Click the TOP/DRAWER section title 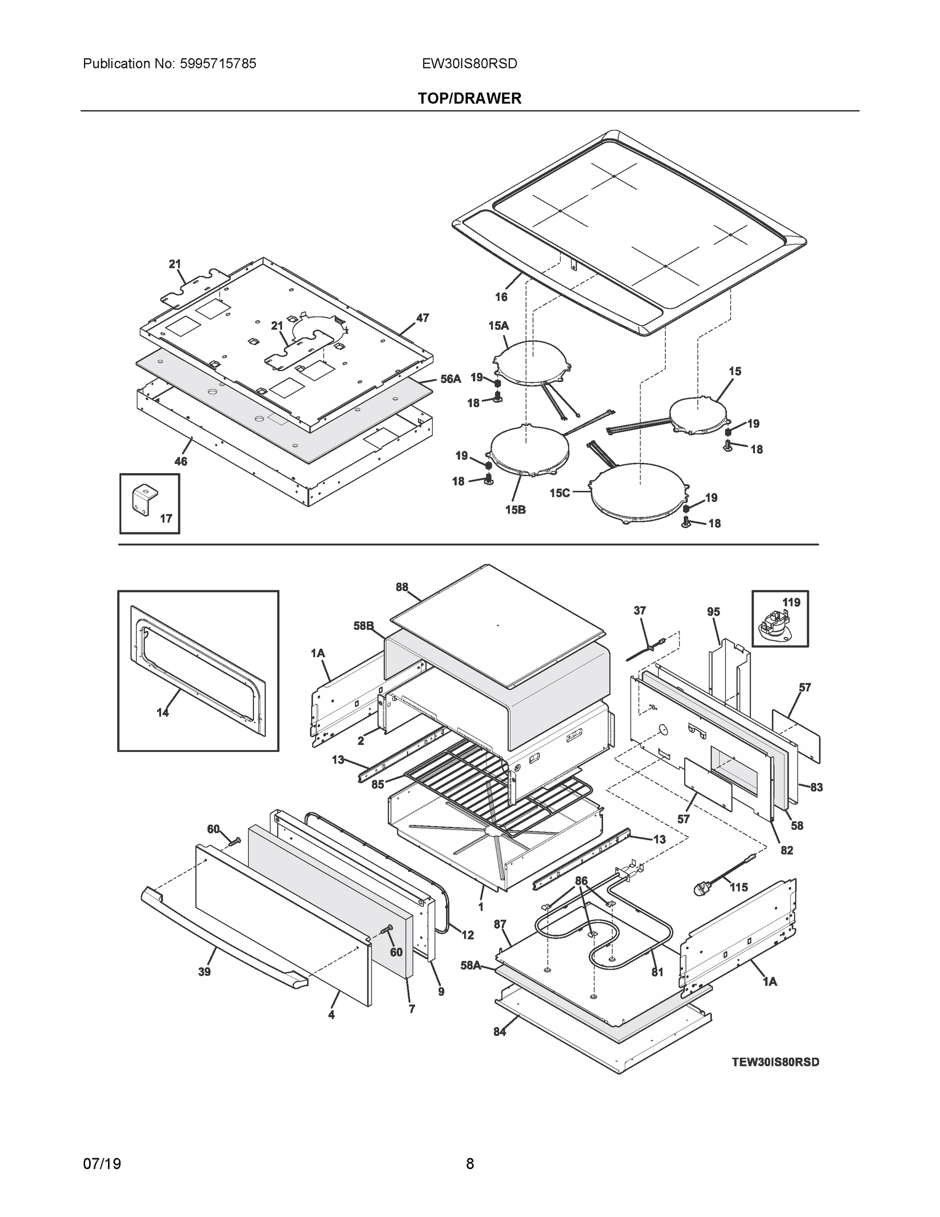(469, 99)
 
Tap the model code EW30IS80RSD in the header (469, 64)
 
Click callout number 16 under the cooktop (501, 297)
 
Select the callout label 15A (499, 326)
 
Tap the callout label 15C (559, 492)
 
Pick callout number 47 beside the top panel (423, 318)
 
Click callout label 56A (450, 379)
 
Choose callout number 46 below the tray (181, 461)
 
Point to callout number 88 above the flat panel (402, 587)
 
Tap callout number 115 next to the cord (738, 887)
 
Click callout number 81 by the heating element (657, 972)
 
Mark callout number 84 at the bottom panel (500, 1032)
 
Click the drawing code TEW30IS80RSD (775, 1062)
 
